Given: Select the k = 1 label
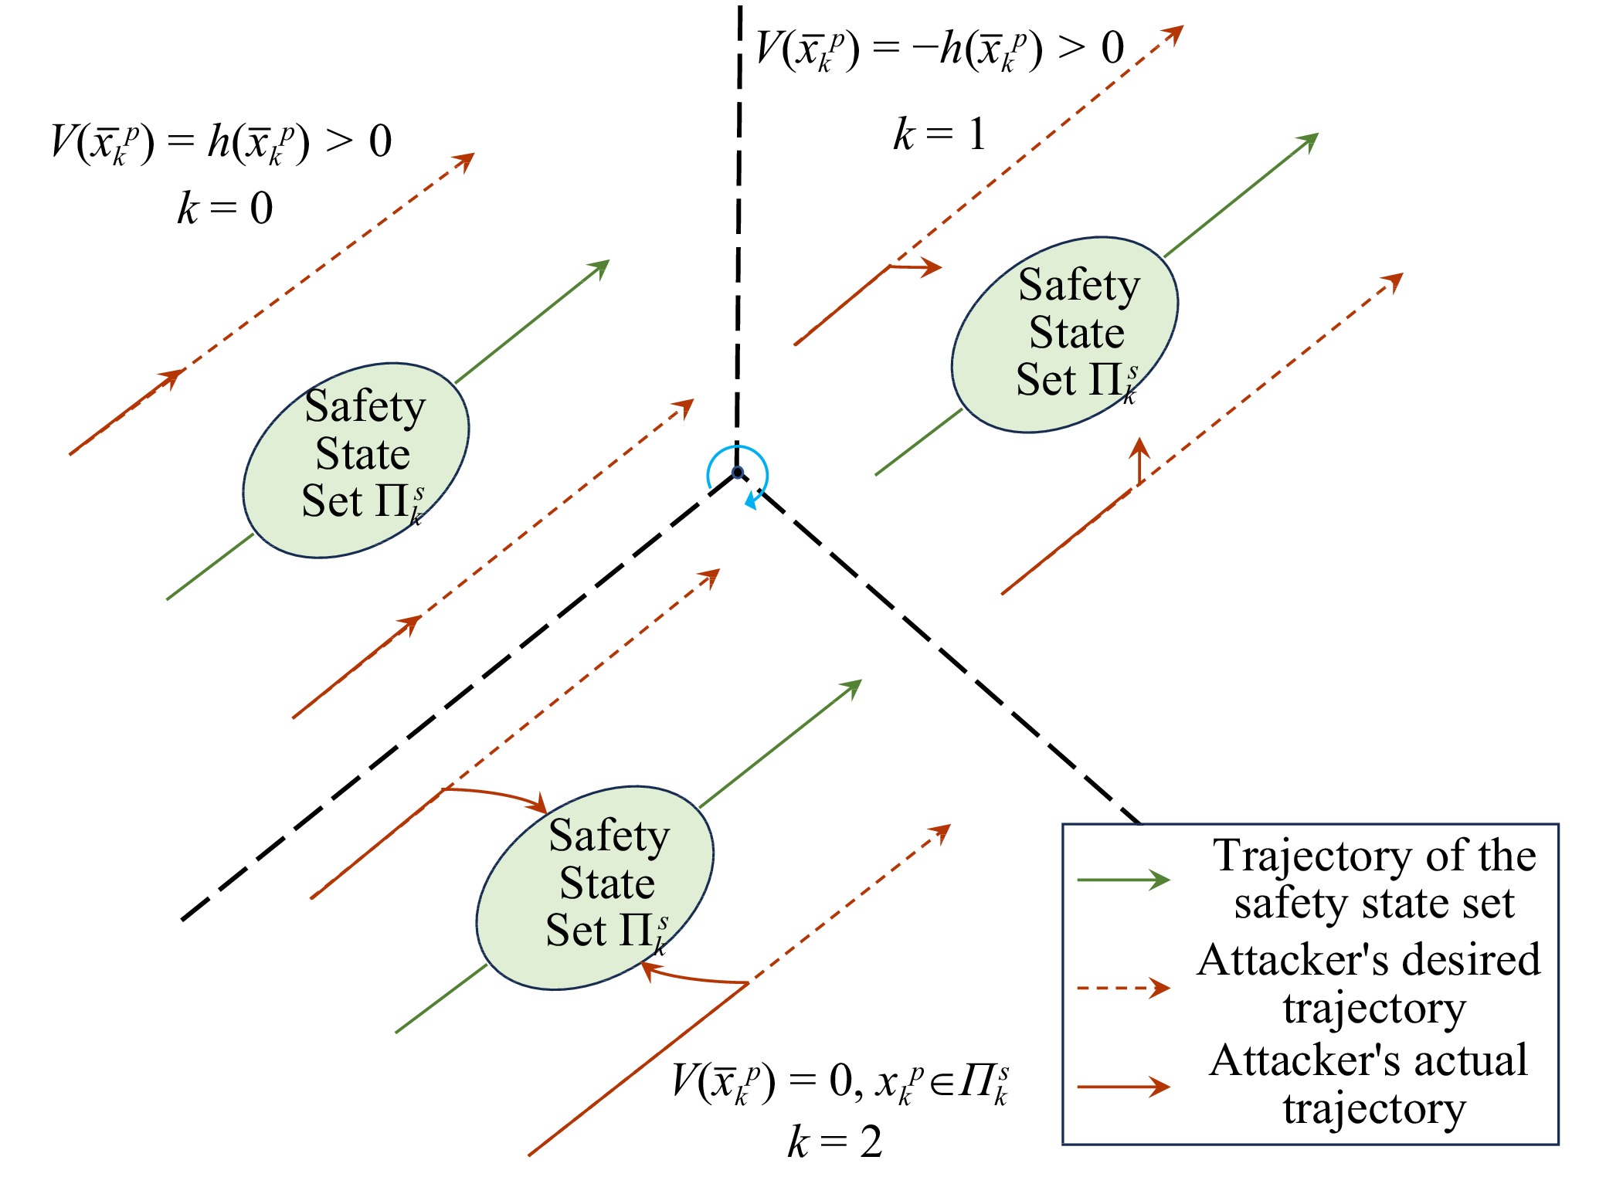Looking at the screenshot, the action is (939, 134).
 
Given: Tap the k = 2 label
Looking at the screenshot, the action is (835, 1141).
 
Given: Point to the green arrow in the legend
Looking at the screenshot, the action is (1123, 880).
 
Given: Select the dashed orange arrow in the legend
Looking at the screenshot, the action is (1123, 988).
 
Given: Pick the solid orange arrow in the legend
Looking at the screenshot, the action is (1123, 1087).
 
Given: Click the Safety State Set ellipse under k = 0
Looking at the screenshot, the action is (356, 460).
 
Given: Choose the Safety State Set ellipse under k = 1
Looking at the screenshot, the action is (1064, 334).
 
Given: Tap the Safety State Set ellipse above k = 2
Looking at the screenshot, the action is (595, 887).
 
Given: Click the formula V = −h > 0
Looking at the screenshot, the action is (939, 49).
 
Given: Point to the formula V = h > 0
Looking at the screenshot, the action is (221, 142).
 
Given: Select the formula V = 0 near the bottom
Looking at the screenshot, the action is (840, 1082).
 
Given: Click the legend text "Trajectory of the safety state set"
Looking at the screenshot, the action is (1374, 879).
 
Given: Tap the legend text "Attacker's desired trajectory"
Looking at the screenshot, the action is (1369, 983).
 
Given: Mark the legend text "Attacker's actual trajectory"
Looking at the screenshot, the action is (1369, 1084).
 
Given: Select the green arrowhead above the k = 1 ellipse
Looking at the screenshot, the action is (1309, 141).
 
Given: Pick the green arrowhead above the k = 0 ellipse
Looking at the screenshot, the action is (599, 268).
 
